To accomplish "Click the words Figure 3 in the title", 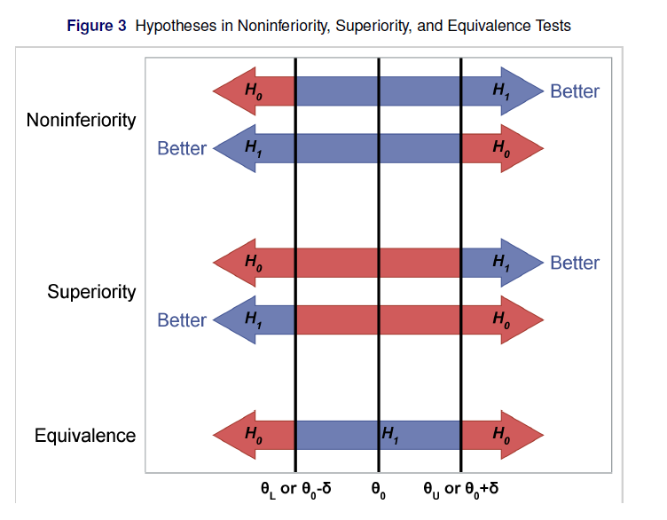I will (97, 26).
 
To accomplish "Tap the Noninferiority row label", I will (82, 120).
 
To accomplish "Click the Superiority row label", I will (92, 292).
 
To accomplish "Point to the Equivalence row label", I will (85, 436).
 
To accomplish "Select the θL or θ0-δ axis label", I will (295, 489).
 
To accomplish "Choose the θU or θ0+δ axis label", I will (460, 489).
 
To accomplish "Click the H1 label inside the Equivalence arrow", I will (390, 436).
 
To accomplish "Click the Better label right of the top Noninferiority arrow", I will (575, 91).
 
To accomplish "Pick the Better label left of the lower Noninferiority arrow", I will (182, 148).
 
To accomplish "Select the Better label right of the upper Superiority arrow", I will (575, 263).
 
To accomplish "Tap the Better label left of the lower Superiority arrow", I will (182, 320).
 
